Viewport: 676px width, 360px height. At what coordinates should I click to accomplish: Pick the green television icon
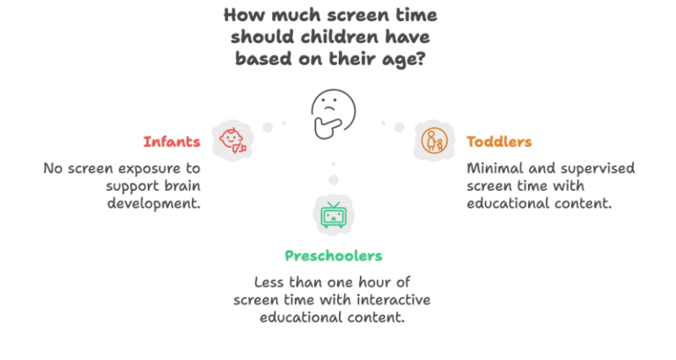[x=333, y=215]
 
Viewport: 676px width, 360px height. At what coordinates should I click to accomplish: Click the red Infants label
[x=173, y=142]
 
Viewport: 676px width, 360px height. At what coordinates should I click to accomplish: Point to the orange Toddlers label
[x=499, y=142]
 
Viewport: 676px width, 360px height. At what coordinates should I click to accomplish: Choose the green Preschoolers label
[x=333, y=256]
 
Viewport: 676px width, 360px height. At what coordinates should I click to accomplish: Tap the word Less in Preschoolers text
[x=270, y=282]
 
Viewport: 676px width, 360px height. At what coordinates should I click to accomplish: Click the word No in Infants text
[x=52, y=167]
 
